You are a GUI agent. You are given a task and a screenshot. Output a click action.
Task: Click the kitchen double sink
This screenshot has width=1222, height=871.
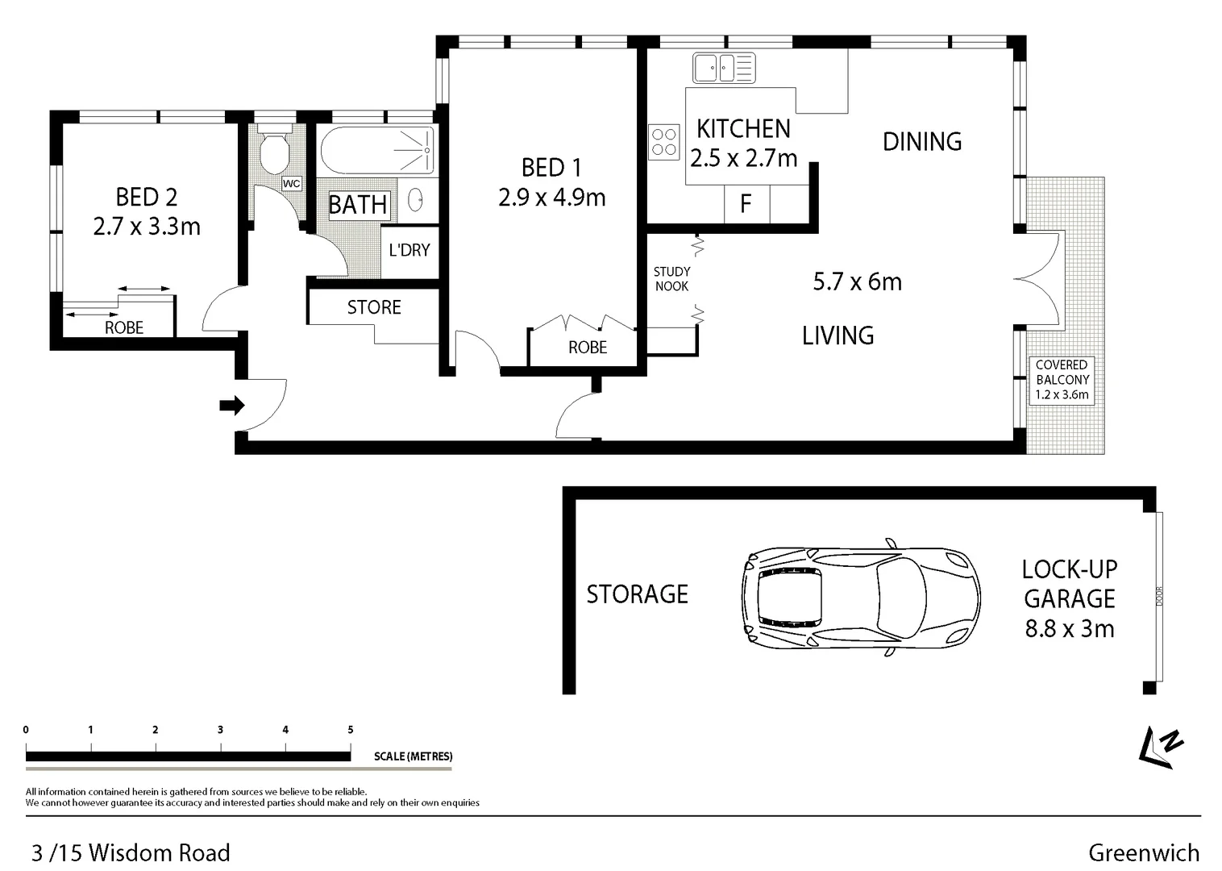coord(723,68)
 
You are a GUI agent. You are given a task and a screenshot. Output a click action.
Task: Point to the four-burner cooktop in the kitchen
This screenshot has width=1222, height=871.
coord(665,143)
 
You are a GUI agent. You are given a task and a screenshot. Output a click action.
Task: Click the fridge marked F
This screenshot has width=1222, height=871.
coord(746,203)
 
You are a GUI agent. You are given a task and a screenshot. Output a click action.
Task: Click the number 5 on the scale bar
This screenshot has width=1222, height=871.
coord(350,730)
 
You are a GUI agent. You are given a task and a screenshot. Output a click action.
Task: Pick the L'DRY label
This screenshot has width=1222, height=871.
coord(409,250)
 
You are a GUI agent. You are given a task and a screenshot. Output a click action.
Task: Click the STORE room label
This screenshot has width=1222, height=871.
coord(374,307)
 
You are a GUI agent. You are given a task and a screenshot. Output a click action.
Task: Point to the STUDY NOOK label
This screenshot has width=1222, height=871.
coord(671,279)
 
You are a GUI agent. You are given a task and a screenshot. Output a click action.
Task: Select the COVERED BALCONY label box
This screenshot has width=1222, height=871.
coord(1062,380)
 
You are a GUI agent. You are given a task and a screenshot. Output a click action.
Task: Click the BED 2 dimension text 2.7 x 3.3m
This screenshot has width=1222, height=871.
coord(147,227)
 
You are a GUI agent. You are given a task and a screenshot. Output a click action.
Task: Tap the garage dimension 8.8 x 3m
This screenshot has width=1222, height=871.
coord(1069,628)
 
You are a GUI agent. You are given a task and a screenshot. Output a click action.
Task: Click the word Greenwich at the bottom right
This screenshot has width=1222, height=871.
coord(1143,852)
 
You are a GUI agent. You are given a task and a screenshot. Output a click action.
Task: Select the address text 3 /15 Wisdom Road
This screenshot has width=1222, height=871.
coord(131,852)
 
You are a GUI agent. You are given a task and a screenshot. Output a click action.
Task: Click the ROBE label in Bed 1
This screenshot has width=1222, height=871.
coord(588,348)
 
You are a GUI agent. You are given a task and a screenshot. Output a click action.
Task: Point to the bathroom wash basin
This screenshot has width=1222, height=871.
coord(415,199)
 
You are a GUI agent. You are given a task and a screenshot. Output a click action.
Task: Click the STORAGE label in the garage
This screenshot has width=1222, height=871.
coord(637,594)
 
